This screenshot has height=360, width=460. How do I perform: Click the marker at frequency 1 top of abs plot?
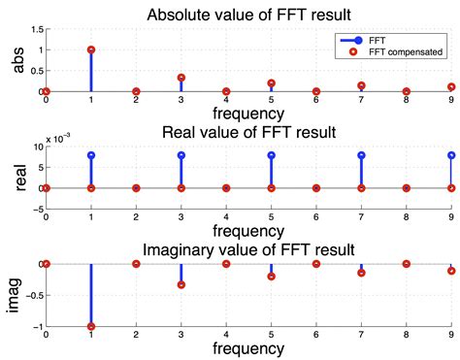coord(90,49)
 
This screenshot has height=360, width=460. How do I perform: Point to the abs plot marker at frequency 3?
coord(181,78)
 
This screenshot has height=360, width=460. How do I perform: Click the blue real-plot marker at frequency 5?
coord(271,154)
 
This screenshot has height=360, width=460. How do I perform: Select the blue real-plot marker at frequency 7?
coord(361,154)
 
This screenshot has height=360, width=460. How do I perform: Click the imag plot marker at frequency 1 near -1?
coord(90,327)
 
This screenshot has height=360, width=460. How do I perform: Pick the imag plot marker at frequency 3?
coord(181,284)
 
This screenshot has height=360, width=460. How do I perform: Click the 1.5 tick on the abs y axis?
coord(33,29)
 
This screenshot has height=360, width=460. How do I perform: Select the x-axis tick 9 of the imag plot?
coord(451,335)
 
